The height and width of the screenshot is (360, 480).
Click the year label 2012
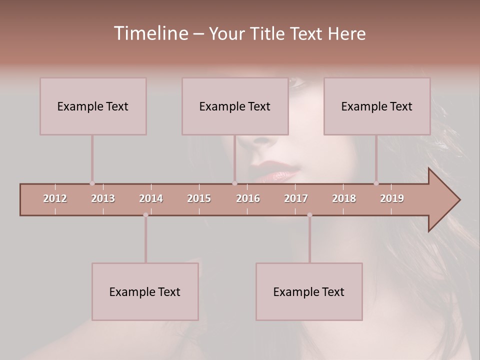55,198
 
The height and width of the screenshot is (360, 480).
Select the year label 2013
103,198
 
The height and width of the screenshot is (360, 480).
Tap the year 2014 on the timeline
151,198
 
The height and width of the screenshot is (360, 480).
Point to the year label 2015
199,198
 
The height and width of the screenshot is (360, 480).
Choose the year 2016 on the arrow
248,198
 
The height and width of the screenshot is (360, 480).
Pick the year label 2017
296,198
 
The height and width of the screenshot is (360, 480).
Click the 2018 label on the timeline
344,198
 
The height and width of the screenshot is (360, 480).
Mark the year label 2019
392,198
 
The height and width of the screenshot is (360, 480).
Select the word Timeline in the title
149,33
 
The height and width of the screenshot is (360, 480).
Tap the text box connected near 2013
93,106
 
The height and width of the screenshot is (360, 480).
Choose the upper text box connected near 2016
235,106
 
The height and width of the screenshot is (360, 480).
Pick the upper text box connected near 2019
377,106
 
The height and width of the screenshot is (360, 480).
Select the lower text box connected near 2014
145,291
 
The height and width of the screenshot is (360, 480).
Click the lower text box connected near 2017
309,291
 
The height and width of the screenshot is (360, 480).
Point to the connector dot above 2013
92,183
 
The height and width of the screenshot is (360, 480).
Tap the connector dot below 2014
145,215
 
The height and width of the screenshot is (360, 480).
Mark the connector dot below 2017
309,215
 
